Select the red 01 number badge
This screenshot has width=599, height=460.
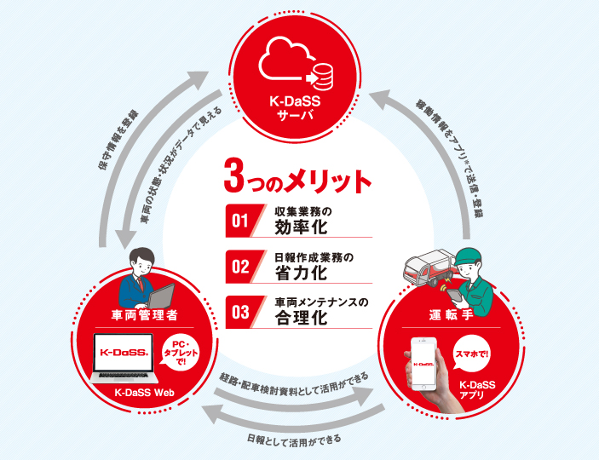click(240, 221)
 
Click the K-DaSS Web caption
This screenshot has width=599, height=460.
click(138, 394)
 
